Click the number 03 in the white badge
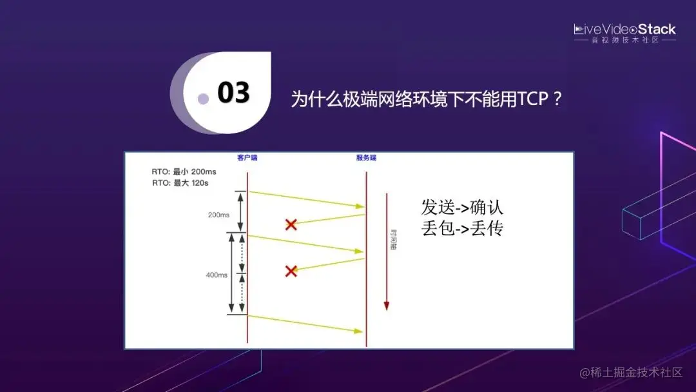[233, 92]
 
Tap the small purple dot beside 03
[203, 99]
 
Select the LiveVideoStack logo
[624, 29]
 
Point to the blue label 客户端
[247, 158]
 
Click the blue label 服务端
[366, 158]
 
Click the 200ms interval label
[218, 215]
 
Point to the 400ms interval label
[217, 275]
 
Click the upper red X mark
[291, 224]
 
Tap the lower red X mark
[291, 271]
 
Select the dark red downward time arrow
[387, 251]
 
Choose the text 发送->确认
[463, 208]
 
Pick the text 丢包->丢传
[463, 228]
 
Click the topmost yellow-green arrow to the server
[306, 199]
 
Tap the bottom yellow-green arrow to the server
[306, 324]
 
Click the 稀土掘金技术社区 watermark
[631, 373]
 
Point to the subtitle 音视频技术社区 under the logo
[624, 40]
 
